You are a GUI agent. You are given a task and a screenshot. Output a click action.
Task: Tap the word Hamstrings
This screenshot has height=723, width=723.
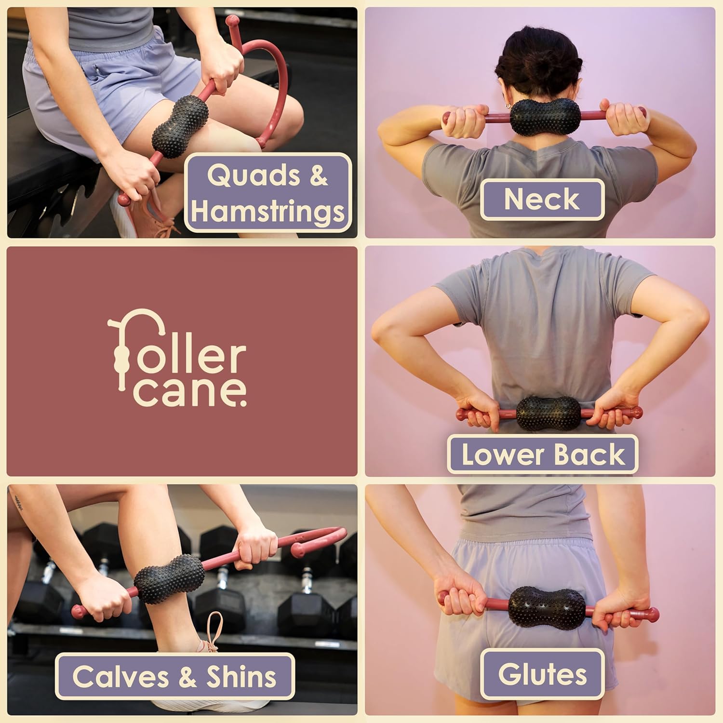coord(268,212)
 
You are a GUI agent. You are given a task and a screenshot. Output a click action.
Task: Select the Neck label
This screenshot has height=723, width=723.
coord(542,199)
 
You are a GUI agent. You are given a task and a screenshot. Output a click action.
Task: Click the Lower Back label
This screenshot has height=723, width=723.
coord(543,455)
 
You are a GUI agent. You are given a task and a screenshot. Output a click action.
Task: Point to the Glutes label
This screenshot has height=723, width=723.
coord(542,674)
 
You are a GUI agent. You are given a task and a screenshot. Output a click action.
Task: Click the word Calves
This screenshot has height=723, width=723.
coord(120,676)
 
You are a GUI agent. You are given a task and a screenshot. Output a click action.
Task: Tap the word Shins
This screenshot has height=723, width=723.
coord(241,676)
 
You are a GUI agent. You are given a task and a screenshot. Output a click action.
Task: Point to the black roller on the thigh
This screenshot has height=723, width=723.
coord(181,124)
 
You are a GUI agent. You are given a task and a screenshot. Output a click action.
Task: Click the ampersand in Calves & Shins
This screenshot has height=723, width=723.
coord(187,676)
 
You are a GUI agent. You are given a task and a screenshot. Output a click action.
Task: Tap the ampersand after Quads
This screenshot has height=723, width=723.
coord(318,176)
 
